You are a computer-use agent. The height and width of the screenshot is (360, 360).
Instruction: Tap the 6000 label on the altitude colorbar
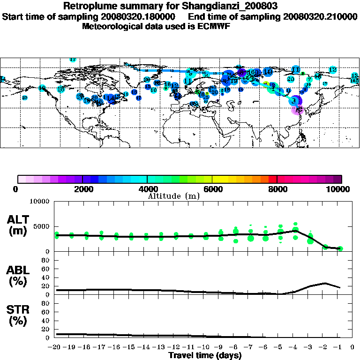(x=212, y=189)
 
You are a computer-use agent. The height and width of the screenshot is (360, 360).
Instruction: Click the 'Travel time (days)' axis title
(x=205, y=355)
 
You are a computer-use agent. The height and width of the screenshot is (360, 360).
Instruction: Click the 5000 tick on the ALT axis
(x=40, y=226)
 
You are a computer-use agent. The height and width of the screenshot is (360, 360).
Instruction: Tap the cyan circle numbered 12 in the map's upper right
(x=333, y=70)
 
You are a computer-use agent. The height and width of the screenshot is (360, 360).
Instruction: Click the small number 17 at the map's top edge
(x=73, y=60)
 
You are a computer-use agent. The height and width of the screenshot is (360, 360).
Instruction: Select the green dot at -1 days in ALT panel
(x=340, y=248)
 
